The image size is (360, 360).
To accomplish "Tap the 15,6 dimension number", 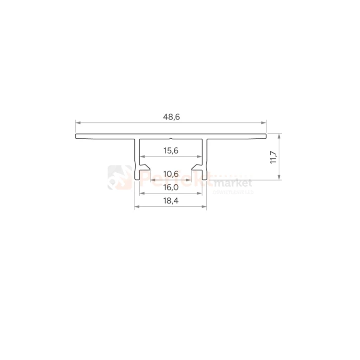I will click(171, 150).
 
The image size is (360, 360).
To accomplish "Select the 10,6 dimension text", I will click(171, 174).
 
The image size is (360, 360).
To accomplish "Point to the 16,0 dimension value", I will click(171, 188).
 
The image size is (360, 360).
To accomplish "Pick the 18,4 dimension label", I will click(171, 201).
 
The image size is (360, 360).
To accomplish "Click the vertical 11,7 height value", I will click(273, 157).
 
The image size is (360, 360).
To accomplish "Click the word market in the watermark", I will click(234, 183).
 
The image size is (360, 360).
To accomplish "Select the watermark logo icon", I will click(119, 177).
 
